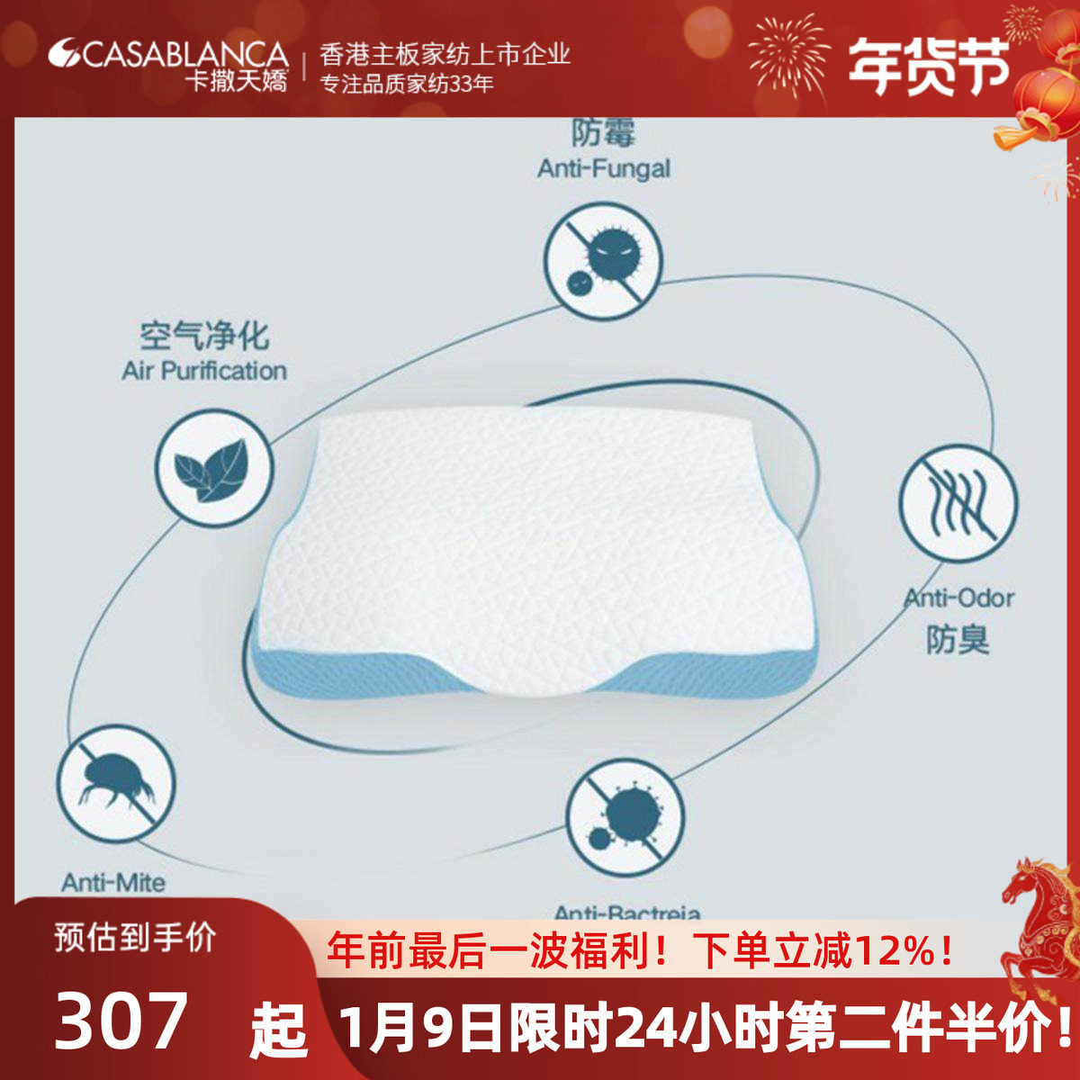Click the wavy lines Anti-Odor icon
pyautogui.click(x=958, y=503)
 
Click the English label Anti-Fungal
pyautogui.click(x=604, y=168)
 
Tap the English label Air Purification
pyautogui.click(x=204, y=371)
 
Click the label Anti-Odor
pyautogui.click(x=959, y=598)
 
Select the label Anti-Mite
pyautogui.click(x=113, y=882)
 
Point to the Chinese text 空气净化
pyautogui.click(x=204, y=337)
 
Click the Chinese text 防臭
pyautogui.click(x=958, y=640)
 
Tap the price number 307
pyautogui.click(x=122, y=1020)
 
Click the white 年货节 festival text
pyautogui.click(x=927, y=66)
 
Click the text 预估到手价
pyautogui.click(x=135, y=938)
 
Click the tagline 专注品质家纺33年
pyautogui.click(x=408, y=85)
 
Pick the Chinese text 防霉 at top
pyautogui.click(x=603, y=132)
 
